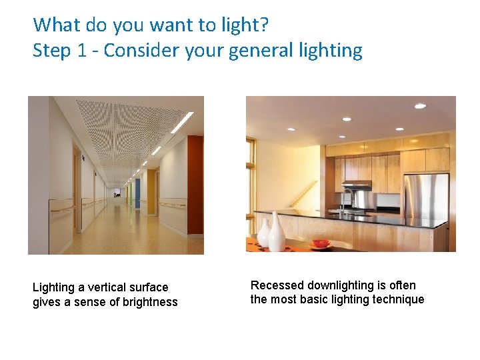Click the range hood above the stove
357,185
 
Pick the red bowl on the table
321,244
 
